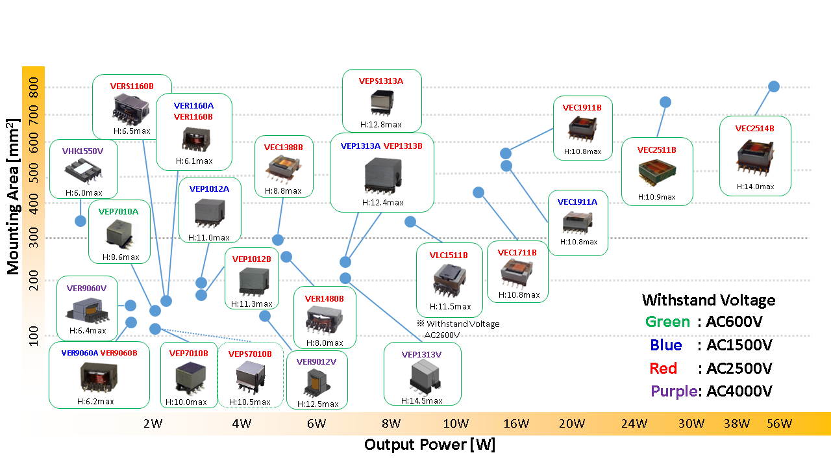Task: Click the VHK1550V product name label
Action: pyautogui.click(x=82, y=151)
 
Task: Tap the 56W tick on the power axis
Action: pyautogui.click(x=779, y=424)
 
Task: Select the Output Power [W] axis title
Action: pyautogui.click(x=429, y=445)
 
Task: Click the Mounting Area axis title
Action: pyautogui.click(x=13, y=196)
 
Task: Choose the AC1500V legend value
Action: pyautogui.click(x=735, y=345)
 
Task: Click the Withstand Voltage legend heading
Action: pyautogui.click(x=708, y=300)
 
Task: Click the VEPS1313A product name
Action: pyautogui.click(x=381, y=81)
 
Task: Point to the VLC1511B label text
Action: pyautogui.click(x=449, y=255)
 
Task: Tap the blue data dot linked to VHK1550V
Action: pyautogui.click(x=81, y=221)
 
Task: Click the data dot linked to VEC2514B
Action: pyautogui.click(x=774, y=86)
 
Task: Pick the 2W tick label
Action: pyautogui.click(x=153, y=424)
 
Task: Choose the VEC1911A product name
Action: pyautogui.click(x=577, y=201)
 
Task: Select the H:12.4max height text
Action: pyautogui.click(x=382, y=202)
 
